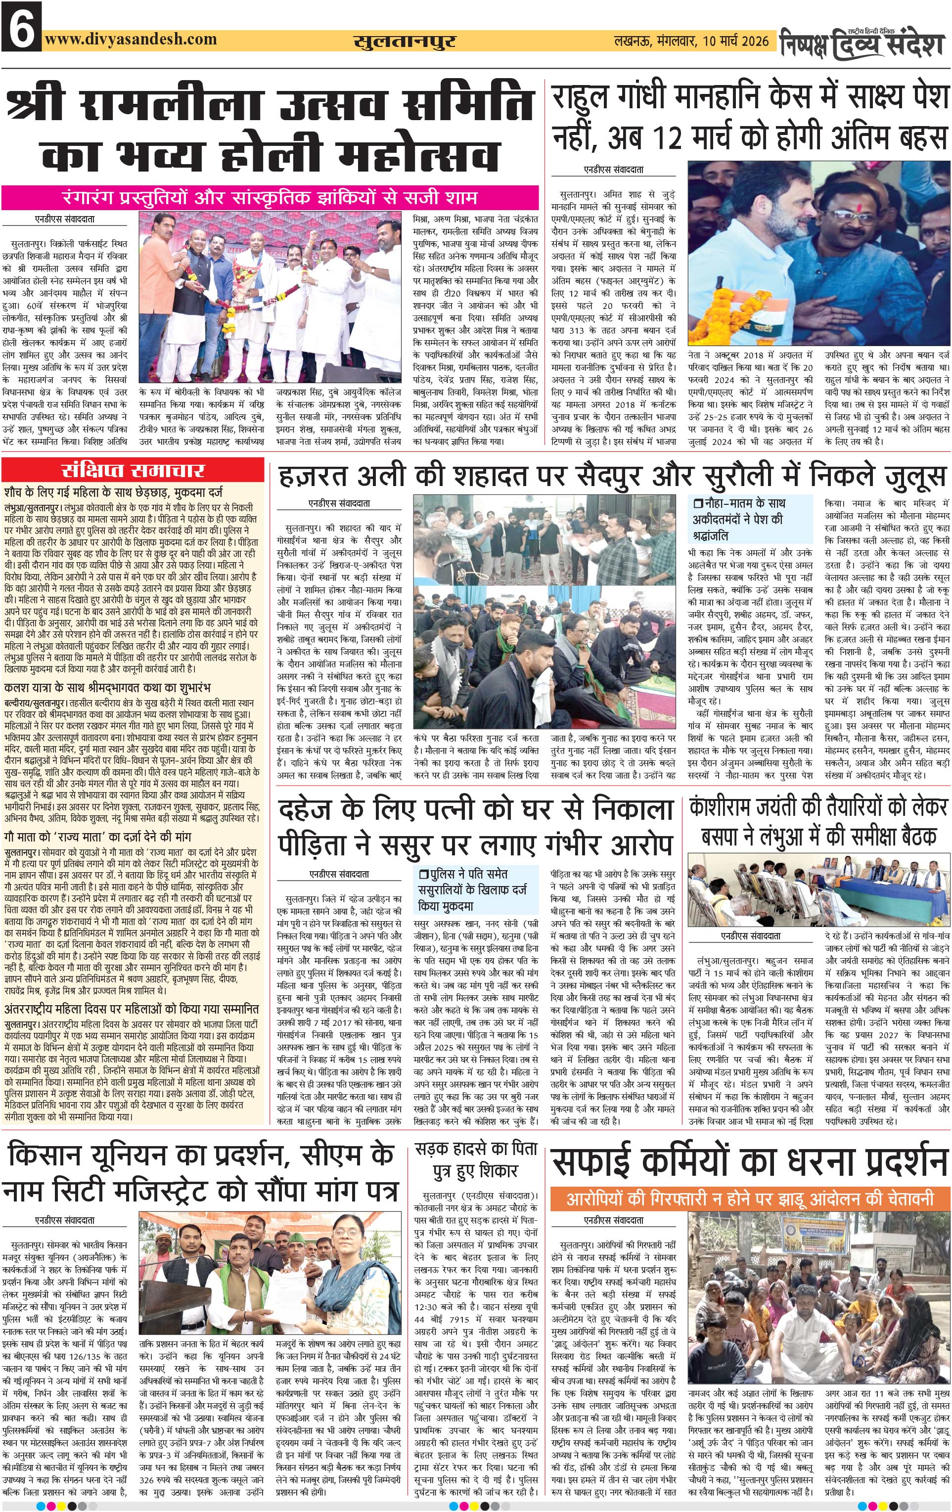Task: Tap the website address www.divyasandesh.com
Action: (x=131, y=39)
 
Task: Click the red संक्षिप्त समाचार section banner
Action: (x=133, y=471)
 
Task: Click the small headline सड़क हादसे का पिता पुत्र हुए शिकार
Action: (x=475, y=1160)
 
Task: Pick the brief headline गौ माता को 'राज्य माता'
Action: (x=97, y=837)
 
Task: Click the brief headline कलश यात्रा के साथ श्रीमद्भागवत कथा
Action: (x=107, y=688)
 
